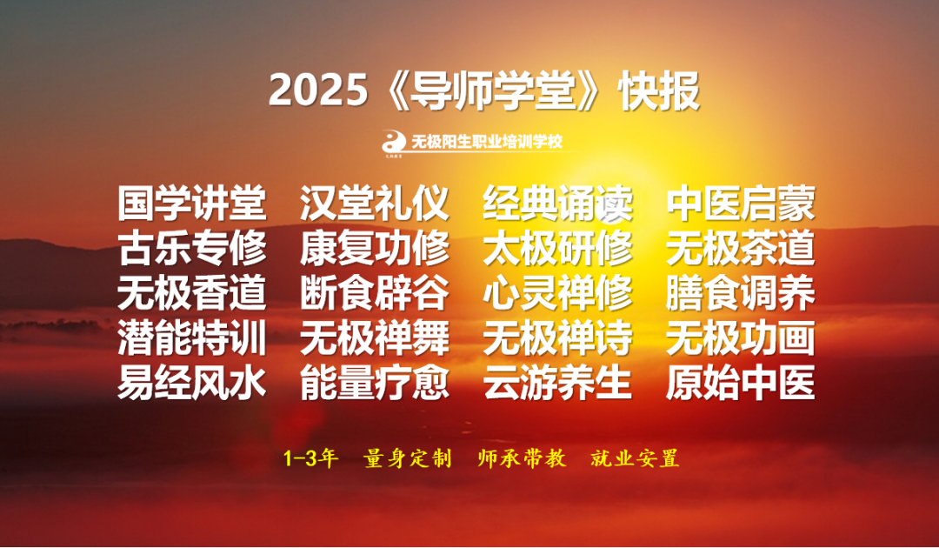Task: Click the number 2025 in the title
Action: point(317,91)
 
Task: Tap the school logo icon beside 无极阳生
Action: point(394,142)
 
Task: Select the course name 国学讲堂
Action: point(192,204)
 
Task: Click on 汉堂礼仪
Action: point(375,204)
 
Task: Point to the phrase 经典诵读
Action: point(558,204)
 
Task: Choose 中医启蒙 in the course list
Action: point(741,204)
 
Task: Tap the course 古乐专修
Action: point(192,249)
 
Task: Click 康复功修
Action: point(375,249)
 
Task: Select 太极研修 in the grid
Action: point(558,249)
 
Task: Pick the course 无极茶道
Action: point(741,249)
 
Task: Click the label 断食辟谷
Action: point(375,293)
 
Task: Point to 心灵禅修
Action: point(558,293)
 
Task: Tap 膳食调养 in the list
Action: point(741,293)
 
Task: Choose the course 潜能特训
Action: point(192,338)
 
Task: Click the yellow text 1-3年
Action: point(310,458)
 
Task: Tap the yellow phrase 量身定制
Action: point(407,458)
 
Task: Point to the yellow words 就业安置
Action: point(635,458)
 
